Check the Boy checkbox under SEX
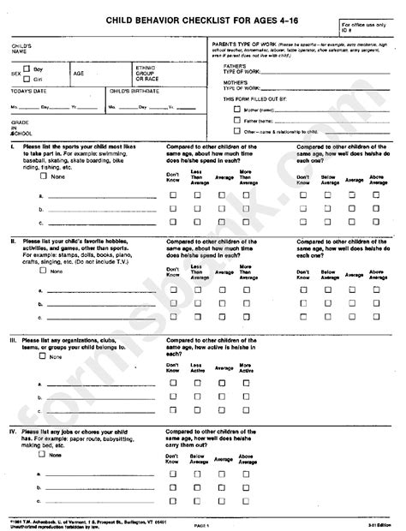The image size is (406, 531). click(27, 67)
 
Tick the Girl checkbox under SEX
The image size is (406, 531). click(27, 78)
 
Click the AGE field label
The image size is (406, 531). click(78, 73)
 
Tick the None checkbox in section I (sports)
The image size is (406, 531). click(43, 177)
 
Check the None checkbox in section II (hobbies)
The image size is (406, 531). click(43, 271)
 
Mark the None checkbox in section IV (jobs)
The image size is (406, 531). click(43, 456)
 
